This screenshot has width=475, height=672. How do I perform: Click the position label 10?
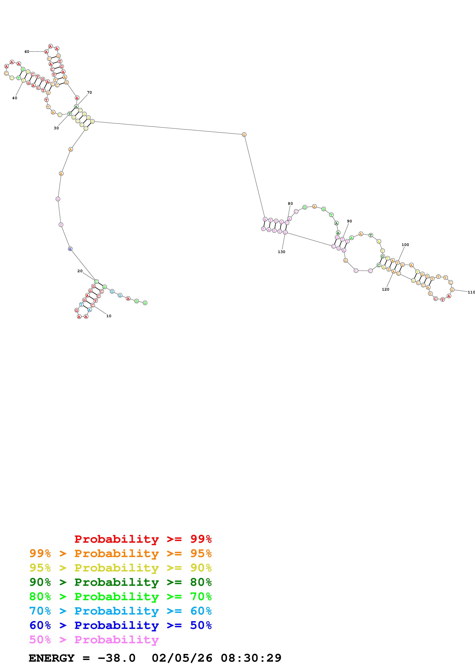[109, 316]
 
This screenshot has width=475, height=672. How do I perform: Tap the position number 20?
[80, 271]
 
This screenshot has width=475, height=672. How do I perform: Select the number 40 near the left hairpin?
[15, 98]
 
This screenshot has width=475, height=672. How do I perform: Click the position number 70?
[89, 93]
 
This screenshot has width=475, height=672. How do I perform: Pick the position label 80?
[290, 203]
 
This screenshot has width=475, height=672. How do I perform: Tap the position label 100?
[405, 245]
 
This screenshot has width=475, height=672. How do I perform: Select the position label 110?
[471, 292]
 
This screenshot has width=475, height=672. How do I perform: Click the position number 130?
[281, 252]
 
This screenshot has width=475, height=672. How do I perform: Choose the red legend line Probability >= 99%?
[143, 539]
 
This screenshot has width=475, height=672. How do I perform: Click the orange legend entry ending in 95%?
[120, 553]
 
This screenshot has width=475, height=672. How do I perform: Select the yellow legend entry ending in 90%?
[120, 568]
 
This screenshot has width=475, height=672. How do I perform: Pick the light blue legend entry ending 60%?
[120, 611]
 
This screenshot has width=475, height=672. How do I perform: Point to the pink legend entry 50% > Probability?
[94, 639]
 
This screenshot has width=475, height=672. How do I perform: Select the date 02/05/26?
[182, 658]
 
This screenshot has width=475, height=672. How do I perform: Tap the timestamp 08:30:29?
[251, 658]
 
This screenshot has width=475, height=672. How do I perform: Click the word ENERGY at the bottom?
[52, 658]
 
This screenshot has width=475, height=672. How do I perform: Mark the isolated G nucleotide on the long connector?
[244, 135]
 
